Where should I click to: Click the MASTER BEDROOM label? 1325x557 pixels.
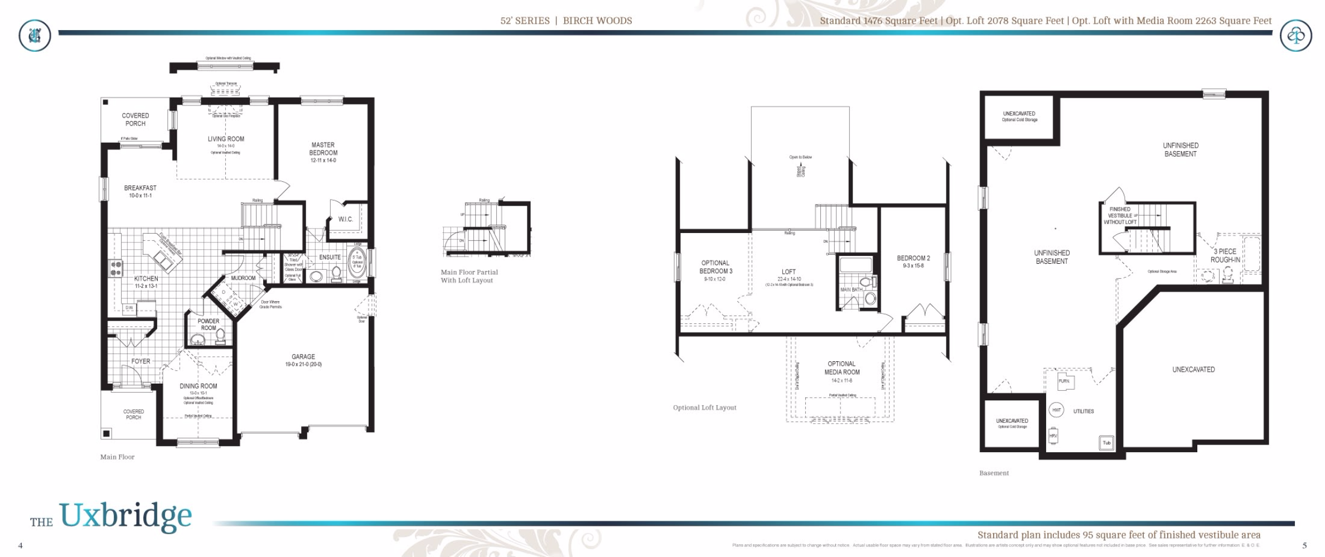click(x=323, y=152)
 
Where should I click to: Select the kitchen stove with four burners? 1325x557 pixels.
click(x=116, y=268)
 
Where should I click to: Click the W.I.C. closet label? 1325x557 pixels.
click(x=346, y=219)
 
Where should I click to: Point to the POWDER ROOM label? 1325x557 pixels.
click(x=209, y=324)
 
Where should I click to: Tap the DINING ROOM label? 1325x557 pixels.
click(x=199, y=386)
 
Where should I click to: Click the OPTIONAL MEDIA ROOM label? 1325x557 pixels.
click(x=842, y=368)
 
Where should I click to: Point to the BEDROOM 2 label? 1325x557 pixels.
click(x=913, y=258)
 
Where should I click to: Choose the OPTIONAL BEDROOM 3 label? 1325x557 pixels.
click(x=715, y=267)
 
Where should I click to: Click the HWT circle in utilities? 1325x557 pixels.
click(x=1056, y=410)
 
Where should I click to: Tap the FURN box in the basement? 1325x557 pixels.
click(x=1065, y=381)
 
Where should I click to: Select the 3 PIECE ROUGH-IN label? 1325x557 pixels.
click(x=1225, y=255)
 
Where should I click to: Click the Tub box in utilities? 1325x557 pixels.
click(x=1106, y=443)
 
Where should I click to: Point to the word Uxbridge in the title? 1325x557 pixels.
click(x=125, y=516)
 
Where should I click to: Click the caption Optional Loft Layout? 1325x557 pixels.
click(x=705, y=408)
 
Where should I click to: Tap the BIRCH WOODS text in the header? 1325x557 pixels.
click(x=597, y=21)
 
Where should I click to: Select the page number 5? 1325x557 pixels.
click(x=1304, y=545)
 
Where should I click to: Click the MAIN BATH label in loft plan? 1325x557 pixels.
click(x=851, y=290)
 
